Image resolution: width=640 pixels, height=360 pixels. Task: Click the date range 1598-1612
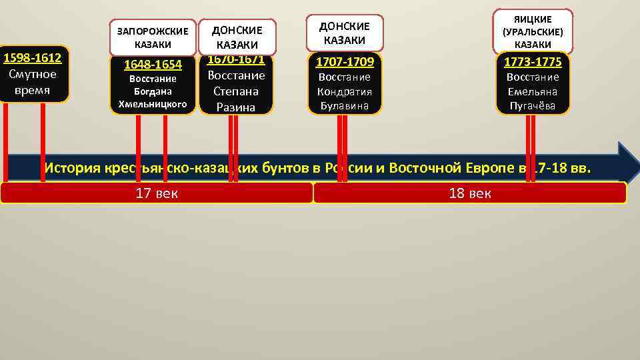click(x=33, y=59)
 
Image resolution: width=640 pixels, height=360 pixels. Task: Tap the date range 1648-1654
click(x=153, y=65)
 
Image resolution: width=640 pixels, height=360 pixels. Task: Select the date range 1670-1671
click(x=236, y=59)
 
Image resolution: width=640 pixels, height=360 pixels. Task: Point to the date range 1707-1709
click(x=345, y=63)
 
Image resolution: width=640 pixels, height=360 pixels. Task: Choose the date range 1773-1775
click(x=533, y=63)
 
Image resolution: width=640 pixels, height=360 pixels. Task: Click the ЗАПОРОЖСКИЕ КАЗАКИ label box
click(x=153, y=37)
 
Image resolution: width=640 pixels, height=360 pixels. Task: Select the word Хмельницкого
click(x=153, y=103)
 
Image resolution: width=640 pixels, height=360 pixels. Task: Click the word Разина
click(x=236, y=107)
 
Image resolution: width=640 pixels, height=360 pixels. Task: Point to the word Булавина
click(x=345, y=106)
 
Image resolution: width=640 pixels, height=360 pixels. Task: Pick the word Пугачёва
click(x=533, y=106)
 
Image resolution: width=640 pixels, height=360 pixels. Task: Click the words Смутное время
click(x=33, y=82)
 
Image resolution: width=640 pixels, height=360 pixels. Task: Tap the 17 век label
click(x=157, y=194)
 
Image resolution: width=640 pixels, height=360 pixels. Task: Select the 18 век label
click(x=470, y=194)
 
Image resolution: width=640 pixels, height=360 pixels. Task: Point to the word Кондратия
click(x=345, y=91)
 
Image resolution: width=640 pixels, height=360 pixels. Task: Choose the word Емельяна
click(x=533, y=91)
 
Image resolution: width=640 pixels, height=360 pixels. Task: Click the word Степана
click(x=236, y=91)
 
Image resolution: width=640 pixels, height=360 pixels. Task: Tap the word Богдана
click(x=153, y=91)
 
